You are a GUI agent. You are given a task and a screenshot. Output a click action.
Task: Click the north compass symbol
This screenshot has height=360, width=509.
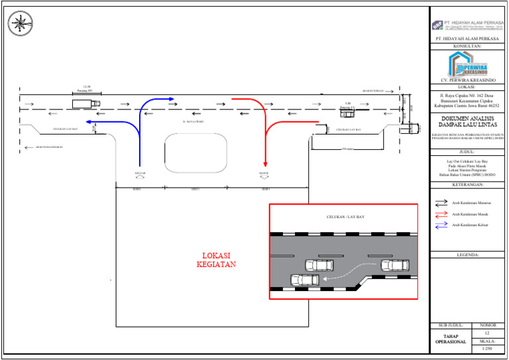(20, 23)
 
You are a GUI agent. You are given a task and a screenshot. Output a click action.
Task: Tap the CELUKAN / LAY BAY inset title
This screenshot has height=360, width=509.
(345, 217)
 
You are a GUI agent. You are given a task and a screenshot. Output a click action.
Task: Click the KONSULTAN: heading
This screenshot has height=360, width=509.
(467, 47)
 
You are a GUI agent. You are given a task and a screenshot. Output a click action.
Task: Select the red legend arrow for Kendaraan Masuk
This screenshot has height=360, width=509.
(441, 213)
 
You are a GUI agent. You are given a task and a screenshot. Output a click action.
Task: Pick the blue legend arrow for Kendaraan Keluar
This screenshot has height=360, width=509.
(441, 225)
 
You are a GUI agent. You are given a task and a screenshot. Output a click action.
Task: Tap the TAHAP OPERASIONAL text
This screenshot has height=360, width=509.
(451, 339)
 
